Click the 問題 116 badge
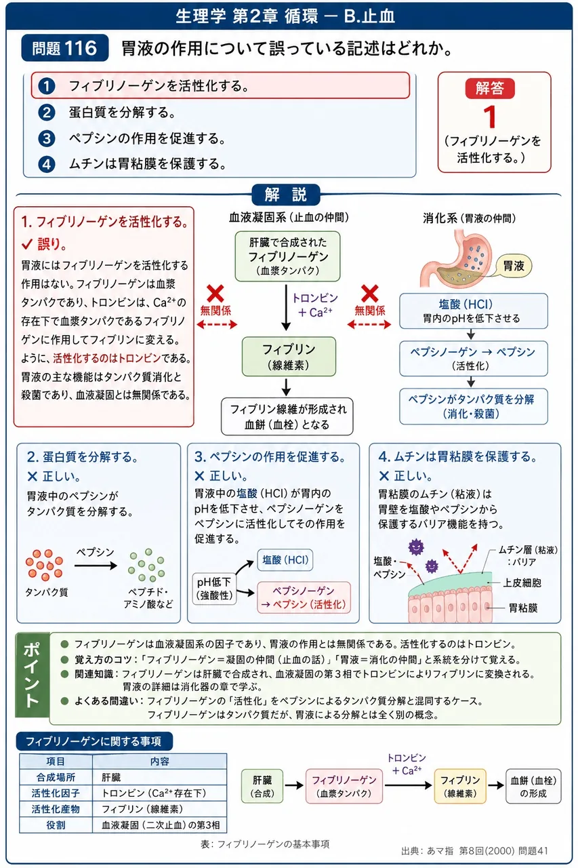point(64,48)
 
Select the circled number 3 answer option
point(47,138)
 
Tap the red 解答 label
point(490,88)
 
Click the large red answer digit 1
point(490,117)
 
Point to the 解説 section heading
point(286,195)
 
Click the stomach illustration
point(457,258)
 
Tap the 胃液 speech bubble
point(514,266)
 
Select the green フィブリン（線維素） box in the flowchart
point(289,357)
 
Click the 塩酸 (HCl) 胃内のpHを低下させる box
point(474,311)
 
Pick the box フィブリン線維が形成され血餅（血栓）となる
point(287,416)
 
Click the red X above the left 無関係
point(215,294)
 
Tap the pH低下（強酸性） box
point(214,588)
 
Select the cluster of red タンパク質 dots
point(45,565)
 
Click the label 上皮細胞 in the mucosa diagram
point(522,583)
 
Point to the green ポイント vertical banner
point(32,675)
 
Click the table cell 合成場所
point(56,777)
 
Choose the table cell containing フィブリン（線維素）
point(159,809)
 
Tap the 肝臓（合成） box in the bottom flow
point(262,787)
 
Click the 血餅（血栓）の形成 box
point(533,787)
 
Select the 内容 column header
point(159,762)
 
